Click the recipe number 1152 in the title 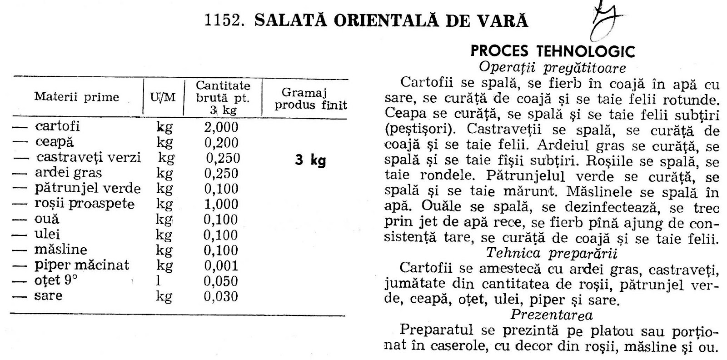pos(222,21)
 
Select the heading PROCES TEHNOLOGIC pos(553,51)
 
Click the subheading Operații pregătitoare pos(553,68)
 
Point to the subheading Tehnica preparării pos(552,253)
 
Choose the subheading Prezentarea pos(552,314)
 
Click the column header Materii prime pos(76,97)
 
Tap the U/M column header pos(163,97)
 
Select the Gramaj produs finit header pos(311,99)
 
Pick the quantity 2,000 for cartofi pos(221,127)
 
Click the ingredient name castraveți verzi pos(89,158)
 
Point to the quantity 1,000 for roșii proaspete pos(221,204)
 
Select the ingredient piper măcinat pos(81,265)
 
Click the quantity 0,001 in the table pos(221,265)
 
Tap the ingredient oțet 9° pos(56,280)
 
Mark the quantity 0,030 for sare pos(221,296)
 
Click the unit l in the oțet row pos(158,281)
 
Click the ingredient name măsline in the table pos(60,250)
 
